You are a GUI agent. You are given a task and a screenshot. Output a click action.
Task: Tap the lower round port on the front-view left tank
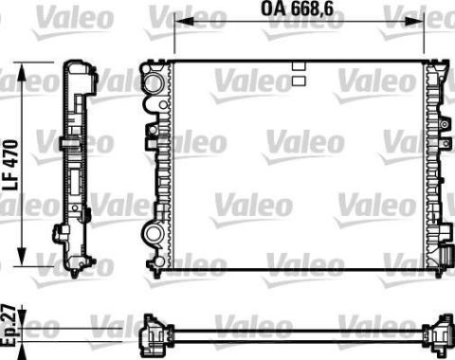coord(152,232)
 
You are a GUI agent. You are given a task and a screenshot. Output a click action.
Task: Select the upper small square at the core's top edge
coord(298,66)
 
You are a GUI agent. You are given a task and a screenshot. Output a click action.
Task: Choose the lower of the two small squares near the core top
coord(298,81)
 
